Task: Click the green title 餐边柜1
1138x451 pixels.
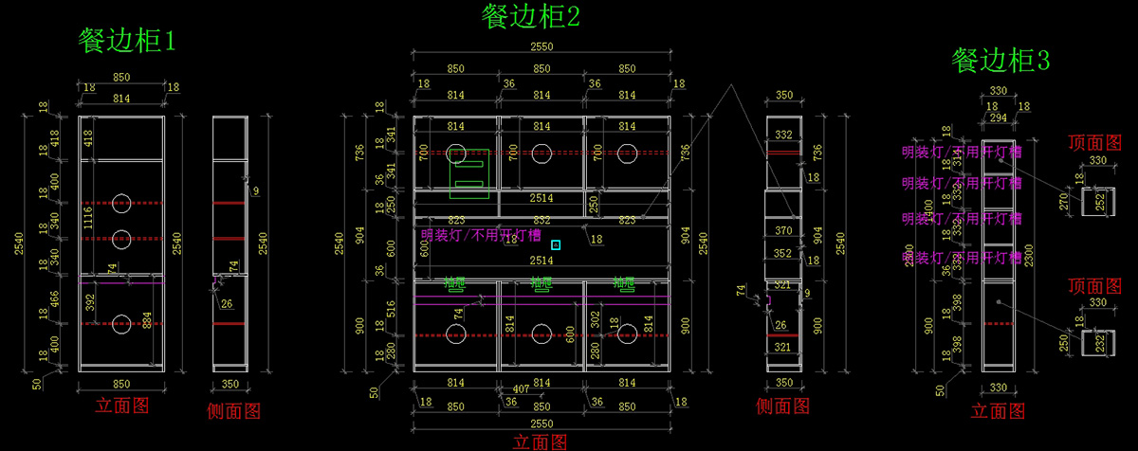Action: (127, 41)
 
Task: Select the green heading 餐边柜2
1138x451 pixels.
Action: (530, 16)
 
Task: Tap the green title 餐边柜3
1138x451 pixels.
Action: (1000, 62)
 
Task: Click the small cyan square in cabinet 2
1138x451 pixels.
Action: (556, 244)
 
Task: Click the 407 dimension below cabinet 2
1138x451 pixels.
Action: (521, 389)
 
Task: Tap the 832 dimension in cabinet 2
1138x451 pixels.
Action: (541, 221)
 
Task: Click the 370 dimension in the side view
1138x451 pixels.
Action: (783, 230)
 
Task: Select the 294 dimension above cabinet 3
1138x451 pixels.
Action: (999, 118)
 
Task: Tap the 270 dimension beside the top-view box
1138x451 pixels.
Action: (1064, 202)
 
